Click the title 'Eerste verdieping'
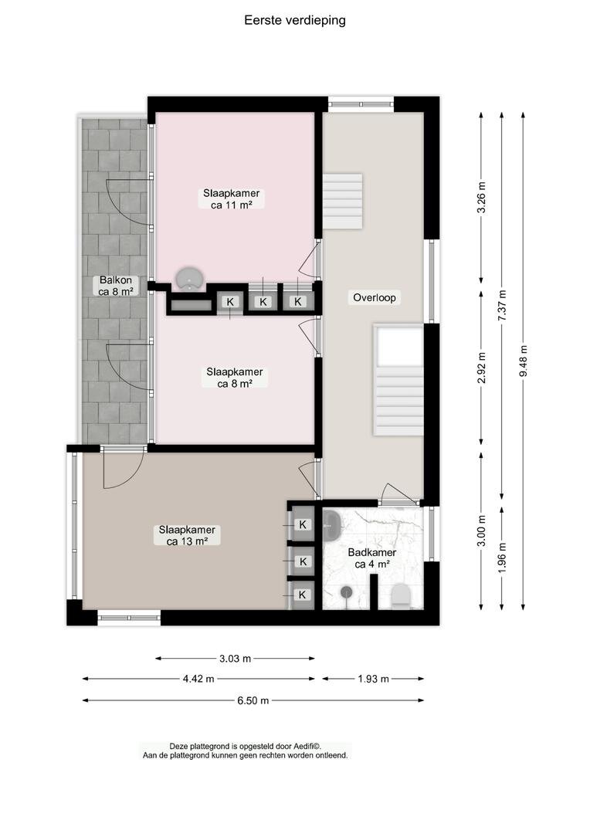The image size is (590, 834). pyautogui.click(x=295, y=20)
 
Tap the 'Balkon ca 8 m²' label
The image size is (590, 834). pyautogui.click(x=115, y=286)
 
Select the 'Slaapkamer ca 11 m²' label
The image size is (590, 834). pyautogui.click(x=232, y=199)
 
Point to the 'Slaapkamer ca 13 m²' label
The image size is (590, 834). pyautogui.click(x=187, y=536)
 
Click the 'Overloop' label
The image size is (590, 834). pyautogui.click(x=375, y=298)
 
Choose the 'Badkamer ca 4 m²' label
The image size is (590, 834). pyautogui.click(x=372, y=558)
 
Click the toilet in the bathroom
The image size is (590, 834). pyautogui.click(x=401, y=595)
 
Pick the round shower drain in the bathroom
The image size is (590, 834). pyautogui.click(x=347, y=591)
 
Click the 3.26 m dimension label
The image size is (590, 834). pyautogui.click(x=481, y=198)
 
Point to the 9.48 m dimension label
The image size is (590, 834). pyautogui.click(x=524, y=361)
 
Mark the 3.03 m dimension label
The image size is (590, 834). pyautogui.click(x=235, y=659)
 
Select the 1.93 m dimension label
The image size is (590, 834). pyautogui.click(x=373, y=679)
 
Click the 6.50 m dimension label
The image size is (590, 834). pyautogui.click(x=253, y=700)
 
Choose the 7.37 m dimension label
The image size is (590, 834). pyautogui.click(x=502, y=306)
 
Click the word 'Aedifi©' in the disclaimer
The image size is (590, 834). pyautogui.click(x=305, y=747)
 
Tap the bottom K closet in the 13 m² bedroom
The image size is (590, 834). pyautogui.click(x=303, y=595)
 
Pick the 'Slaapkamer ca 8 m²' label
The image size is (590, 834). pyautogui.click(x=235, y=378)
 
